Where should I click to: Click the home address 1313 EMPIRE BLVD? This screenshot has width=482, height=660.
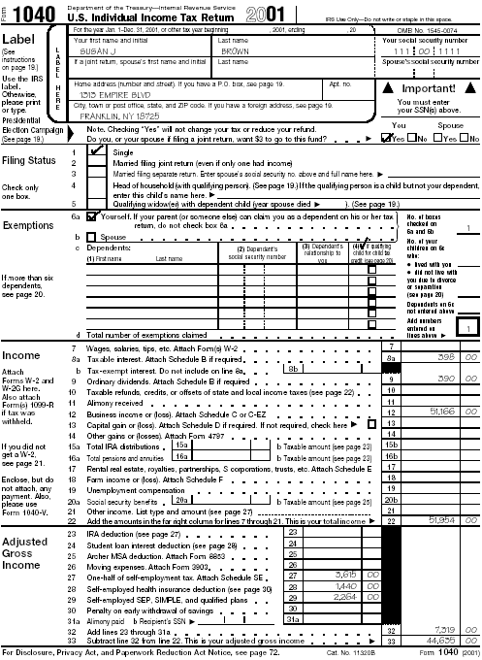109,95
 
